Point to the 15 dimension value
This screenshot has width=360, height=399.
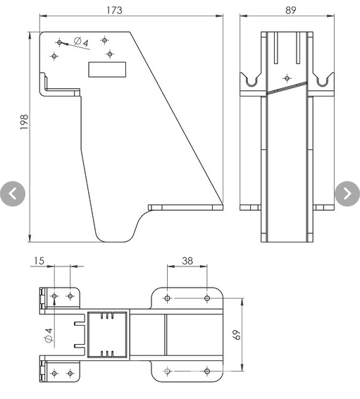coord(39,261)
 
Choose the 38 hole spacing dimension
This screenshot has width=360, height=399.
coord(187,260)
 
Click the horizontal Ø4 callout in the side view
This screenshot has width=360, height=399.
coord(81,44)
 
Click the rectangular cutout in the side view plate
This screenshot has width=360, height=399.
coord(106,68)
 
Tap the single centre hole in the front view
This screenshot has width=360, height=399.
coord(286,78)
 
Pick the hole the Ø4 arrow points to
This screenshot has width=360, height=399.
coord(59,42)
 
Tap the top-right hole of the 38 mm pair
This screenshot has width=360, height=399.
coord(206,298)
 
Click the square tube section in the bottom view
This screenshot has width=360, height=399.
coord(108,334)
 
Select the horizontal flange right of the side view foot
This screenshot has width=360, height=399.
coord(187,207)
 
